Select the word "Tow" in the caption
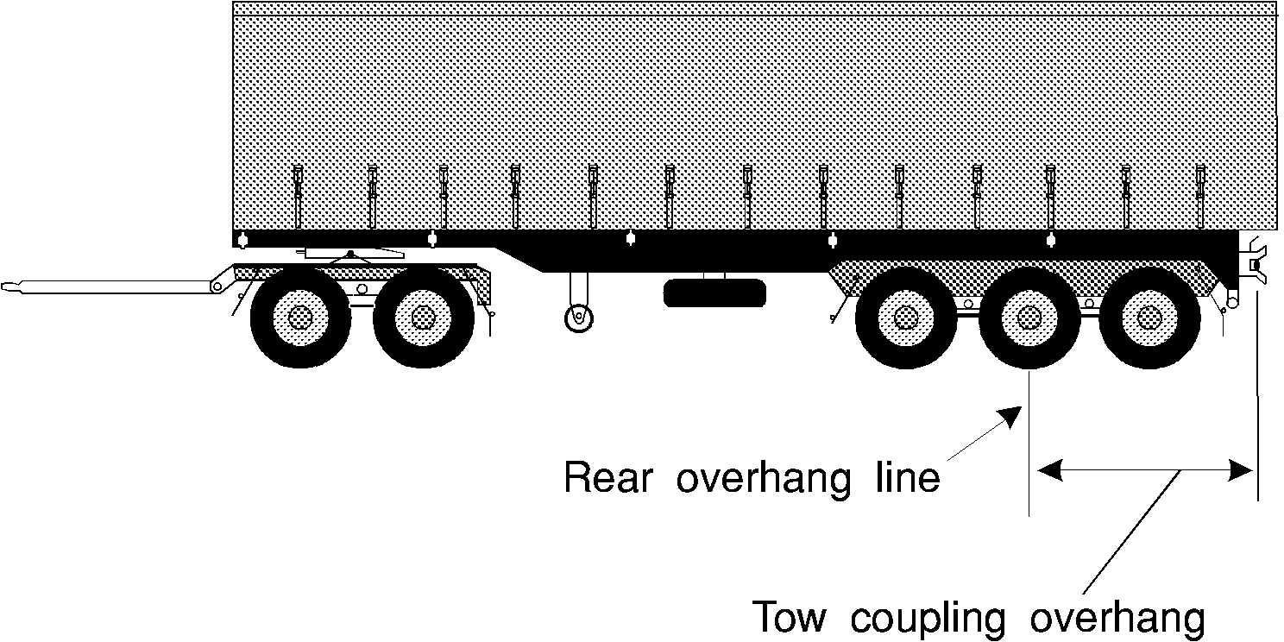click(x=790, y=617)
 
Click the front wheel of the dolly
click(x=301, y=318)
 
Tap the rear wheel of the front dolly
click(x=424, y=318)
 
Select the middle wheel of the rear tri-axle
click(x=1029, y=318)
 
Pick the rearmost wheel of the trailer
click(x=1150, y=318)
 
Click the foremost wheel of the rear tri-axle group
click(x=906, y=318)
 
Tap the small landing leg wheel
click(x=579, y=318)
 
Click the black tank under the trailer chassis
click(x=714, y=293)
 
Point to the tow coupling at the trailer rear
click(x=1256, y=266)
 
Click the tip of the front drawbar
click(x=3, y=286)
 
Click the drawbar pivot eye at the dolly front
click(x=217, y=286)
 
